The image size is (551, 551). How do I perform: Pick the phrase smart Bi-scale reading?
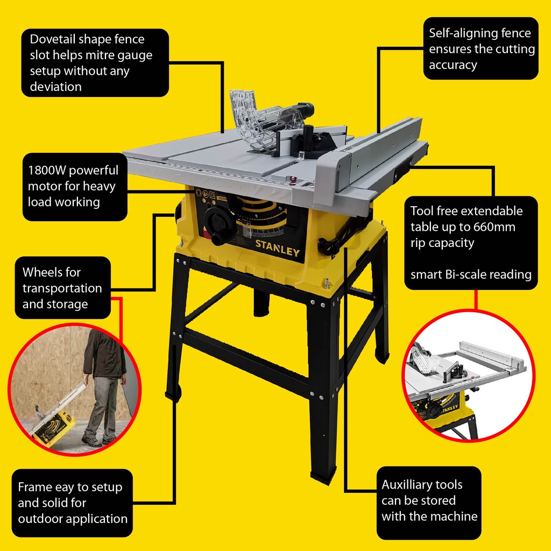tap(471, 274)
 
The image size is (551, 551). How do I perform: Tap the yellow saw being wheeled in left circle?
tap(53, 425)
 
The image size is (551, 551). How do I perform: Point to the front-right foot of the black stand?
tap(323, 474)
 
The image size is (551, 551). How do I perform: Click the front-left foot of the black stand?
tap(173, 393)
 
